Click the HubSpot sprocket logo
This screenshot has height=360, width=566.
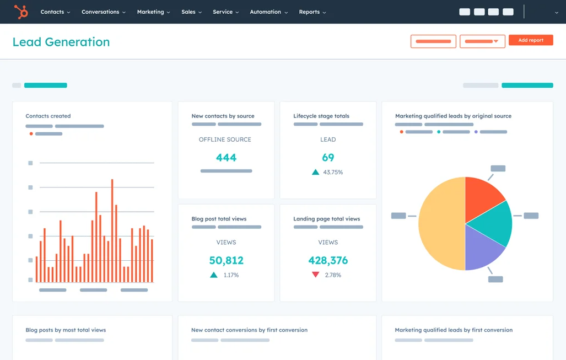click(x=21, y=12)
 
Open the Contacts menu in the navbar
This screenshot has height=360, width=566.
click(x=55, y=12)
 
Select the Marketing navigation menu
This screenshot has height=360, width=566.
click(x=153, y=12)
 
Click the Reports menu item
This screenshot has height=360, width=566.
click(x=312, y=12)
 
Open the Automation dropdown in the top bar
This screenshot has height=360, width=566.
click(x=268, y=12)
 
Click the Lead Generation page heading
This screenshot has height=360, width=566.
click(x=61, y=42)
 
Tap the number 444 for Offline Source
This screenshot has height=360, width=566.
click(x=226, y=158)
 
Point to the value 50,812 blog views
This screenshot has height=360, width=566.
click(x=226, y=260)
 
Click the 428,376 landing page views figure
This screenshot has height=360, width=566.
click(x=328, y=260)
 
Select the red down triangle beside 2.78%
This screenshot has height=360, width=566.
click(x=316, y=275)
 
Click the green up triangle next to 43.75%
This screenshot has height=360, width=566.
click(x=316, y=172)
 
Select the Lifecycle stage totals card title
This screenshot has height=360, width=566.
click(x=321, y=116)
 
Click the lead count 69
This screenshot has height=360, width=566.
click(x=328, y=158)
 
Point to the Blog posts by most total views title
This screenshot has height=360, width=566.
click(x=66, y=330)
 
